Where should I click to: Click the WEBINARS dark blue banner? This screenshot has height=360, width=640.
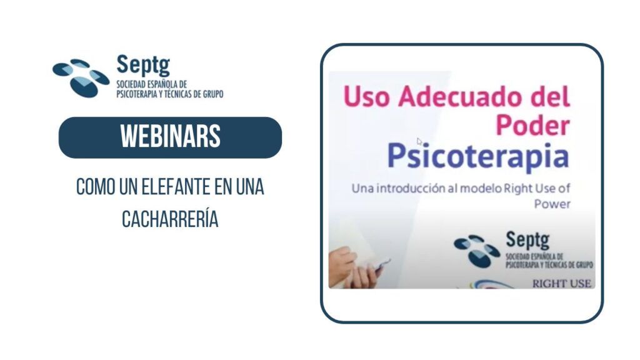click(170, 137)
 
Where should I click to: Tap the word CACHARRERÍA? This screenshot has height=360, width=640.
click(170, 219)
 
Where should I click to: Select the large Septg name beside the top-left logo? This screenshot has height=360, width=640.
click(143, 65)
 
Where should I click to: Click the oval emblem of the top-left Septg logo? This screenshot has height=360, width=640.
click(81, 78)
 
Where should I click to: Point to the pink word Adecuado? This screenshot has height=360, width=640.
click(461, 97)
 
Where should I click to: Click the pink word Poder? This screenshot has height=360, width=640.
click(532, 125)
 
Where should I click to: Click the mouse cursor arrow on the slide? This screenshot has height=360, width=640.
click(419, 141)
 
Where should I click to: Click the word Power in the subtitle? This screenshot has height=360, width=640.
click(552, 204)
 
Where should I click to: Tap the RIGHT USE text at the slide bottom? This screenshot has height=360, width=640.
click(562, 284)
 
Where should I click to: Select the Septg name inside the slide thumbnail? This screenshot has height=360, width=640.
click(527, 240)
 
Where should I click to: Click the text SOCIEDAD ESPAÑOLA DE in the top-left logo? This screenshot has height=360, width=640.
click(152, 84)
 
